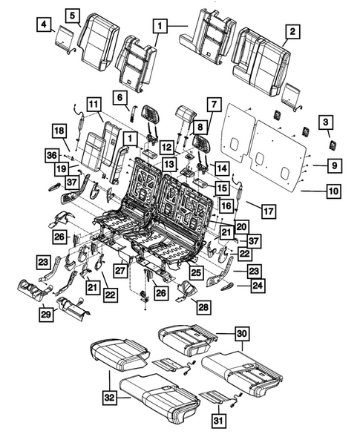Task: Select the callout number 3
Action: pos(325,122)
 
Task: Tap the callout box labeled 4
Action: pos(45,27)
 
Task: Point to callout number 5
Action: pos(72,15)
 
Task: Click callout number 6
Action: pos(117,96)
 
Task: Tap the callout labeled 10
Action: pos(333,191)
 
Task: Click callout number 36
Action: pos(50,155)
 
